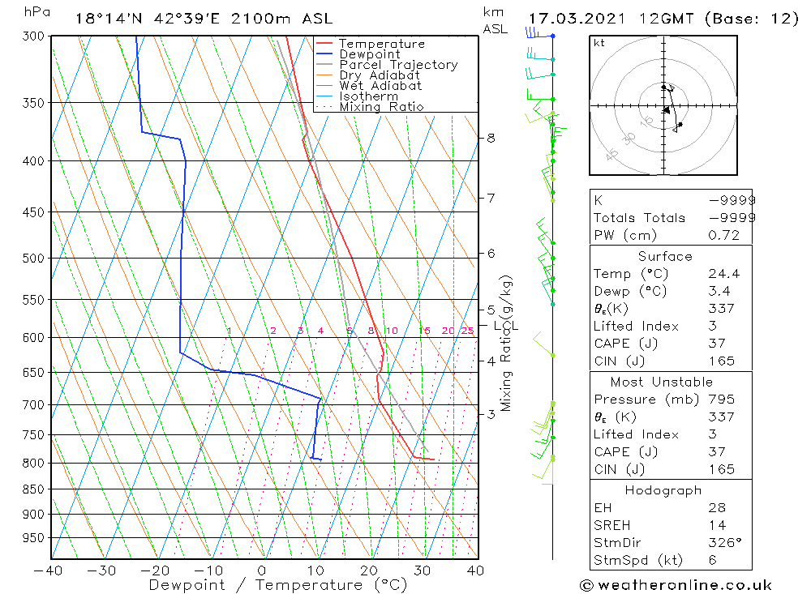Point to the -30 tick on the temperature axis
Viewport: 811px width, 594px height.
tap(103, 570)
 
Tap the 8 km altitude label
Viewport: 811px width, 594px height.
tap(491, 138)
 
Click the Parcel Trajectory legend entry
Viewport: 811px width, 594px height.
tap(397, 65)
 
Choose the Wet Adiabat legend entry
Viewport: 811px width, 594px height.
tap(380, 86)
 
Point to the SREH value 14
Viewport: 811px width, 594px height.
tap(716, 526)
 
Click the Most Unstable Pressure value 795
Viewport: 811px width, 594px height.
tap(721, 400)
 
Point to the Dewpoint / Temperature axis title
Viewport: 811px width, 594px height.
tap(278, 585)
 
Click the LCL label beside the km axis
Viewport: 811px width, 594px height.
tap(505, 326)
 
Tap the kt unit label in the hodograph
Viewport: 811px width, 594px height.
tap(599, 43)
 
